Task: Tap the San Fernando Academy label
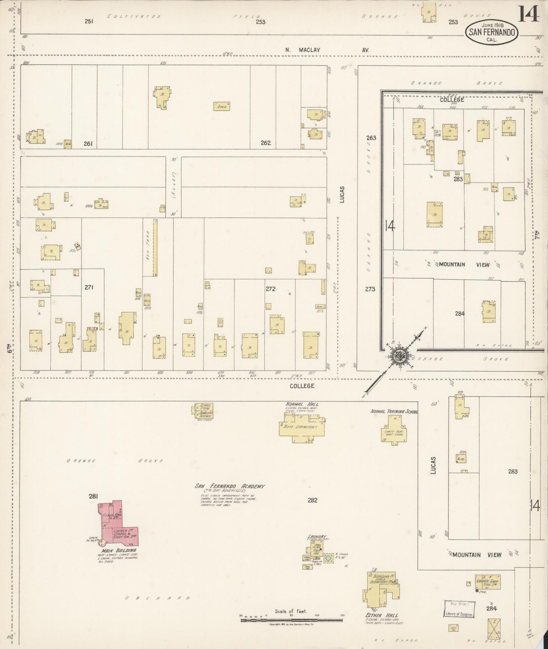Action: (x=230, y=487)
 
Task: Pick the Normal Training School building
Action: (x=394, y=428)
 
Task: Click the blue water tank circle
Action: (x=328, y=558)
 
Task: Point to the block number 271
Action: (x=89, y=287)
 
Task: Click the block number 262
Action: (x=265, y=143)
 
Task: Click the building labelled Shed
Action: (x=222, y=106)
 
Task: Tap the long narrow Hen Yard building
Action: (x=155, y=248)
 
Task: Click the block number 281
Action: (x=93, y=496)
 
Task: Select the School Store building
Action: (x=203, y=411)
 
